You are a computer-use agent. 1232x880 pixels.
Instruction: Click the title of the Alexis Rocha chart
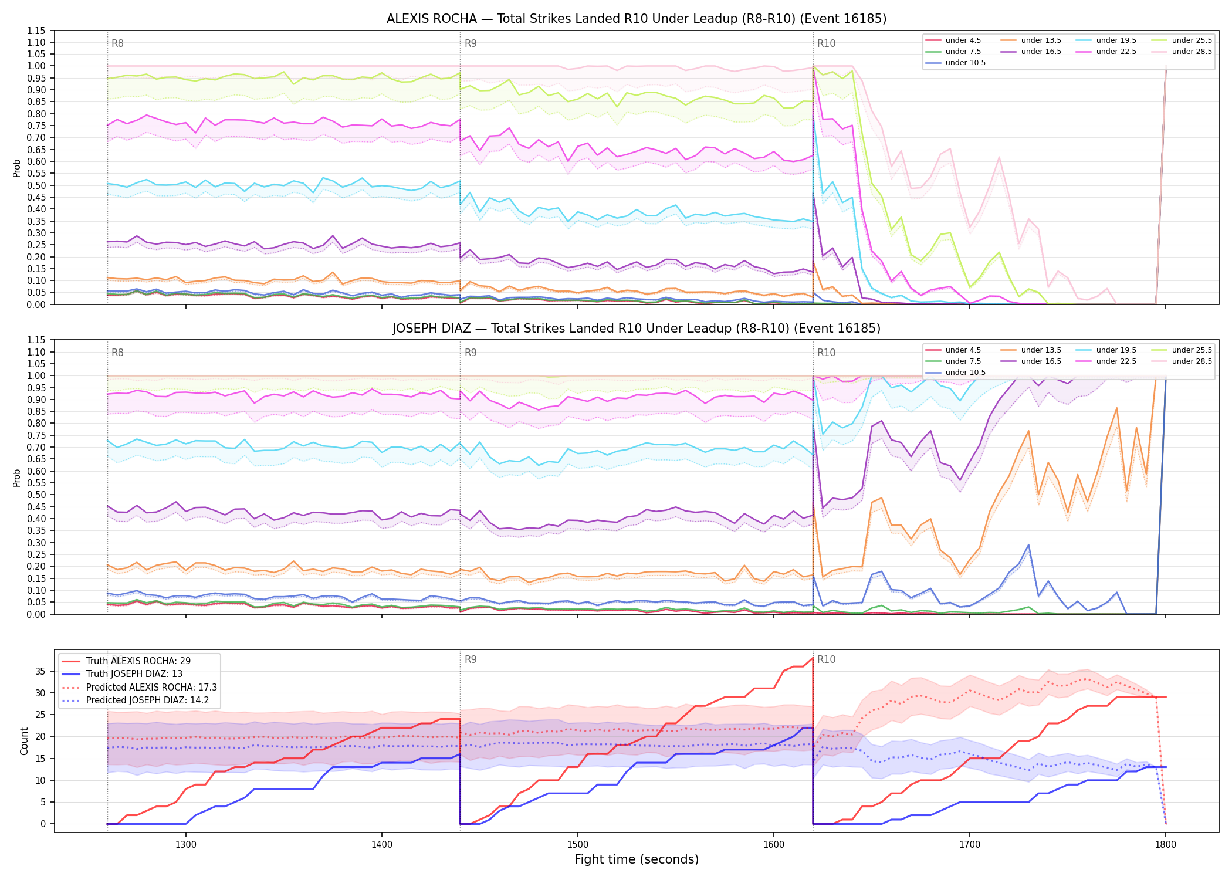[637, 19]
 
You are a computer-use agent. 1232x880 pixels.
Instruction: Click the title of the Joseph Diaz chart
[637, 329]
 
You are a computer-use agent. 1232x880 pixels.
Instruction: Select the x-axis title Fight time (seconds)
[637, 859]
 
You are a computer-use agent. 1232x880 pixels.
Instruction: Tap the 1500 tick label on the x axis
[578, 844]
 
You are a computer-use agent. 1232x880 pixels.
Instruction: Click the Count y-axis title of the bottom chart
[24, 741]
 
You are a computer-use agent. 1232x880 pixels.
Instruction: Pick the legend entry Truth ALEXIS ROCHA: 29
[138, 661]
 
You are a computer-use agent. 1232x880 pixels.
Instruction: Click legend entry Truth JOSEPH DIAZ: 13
[134, 674]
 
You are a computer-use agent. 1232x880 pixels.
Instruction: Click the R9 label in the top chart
[471, 43]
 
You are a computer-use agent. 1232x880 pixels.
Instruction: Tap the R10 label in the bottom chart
[827, 659]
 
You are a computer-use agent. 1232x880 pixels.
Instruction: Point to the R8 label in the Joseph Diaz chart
[117, 353]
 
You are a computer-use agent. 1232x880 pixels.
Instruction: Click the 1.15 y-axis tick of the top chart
[36, 31]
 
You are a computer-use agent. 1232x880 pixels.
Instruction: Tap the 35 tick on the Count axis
[41, 671]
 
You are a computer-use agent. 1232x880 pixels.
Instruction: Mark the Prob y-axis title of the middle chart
[17, 478]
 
